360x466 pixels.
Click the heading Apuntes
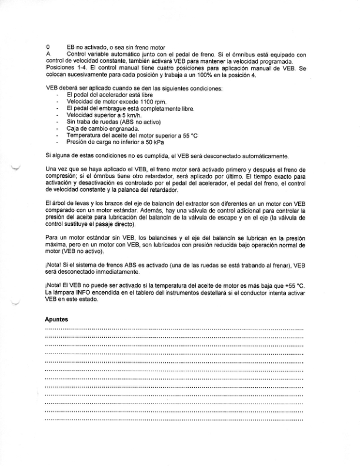[x=56, y=318]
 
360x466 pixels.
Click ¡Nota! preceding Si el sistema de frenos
[x=54, y=265]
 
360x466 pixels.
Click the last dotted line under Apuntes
[x=174, y=421]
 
